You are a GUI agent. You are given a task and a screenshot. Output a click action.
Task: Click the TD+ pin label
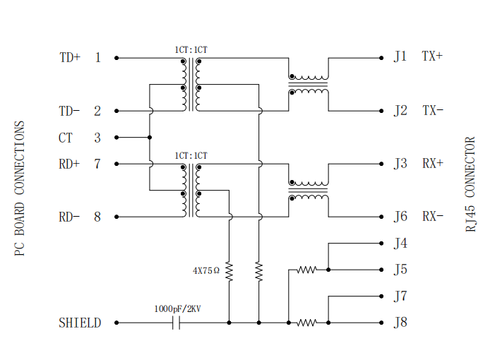pos(70,57)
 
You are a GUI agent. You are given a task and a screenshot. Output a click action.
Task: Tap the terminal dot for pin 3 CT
pos(117,137)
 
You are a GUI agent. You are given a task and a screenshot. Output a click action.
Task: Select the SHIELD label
pos(80,323)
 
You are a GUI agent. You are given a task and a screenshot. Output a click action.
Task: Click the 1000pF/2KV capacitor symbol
pos(176,323)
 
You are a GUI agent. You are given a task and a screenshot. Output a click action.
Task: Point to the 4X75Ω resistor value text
pos(205,270)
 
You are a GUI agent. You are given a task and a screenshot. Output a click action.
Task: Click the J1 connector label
pos(400,56)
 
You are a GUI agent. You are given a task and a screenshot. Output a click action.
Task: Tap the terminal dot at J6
pos(381,217)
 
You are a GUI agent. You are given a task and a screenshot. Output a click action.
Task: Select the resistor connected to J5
pos(306,270)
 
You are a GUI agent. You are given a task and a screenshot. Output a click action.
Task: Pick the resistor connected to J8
pos(306,323)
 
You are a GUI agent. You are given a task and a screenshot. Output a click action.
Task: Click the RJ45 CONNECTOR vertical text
pos(470,184)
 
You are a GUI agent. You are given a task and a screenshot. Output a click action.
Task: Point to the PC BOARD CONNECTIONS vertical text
pos(19,188)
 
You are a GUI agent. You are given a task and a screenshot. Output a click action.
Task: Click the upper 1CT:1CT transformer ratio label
pos(191,50)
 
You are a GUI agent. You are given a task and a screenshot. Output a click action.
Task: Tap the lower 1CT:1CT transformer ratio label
pos(191,156)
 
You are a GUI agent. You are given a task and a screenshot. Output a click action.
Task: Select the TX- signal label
pos(432,110)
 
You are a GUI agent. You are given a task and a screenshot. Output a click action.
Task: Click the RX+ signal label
pos(433,164)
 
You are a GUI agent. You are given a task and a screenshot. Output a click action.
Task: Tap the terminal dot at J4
pos(381,244)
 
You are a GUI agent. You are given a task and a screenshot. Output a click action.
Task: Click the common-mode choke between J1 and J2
pos(309,85)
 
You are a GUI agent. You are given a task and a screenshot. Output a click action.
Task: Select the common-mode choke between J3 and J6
pos(309,191)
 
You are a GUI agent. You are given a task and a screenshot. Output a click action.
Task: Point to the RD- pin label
pos(69,217)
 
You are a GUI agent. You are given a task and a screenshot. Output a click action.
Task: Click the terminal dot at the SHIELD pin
pos(117,323)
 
